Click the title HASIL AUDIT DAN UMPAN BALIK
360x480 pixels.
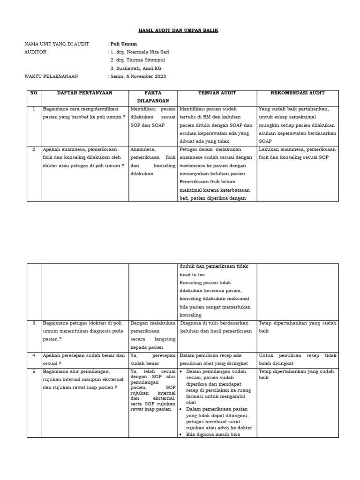point(179,30)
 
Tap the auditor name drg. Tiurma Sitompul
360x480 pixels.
point(137,60)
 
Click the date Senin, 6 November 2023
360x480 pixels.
point(138,76)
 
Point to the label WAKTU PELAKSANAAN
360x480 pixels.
point(51,76)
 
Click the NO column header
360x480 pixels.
point(33,93)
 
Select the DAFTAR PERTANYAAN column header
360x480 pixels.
point(85,93)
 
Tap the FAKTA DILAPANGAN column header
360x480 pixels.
point(153,97)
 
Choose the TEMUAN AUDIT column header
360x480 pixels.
point(217,93)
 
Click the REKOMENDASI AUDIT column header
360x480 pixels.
point(298,93)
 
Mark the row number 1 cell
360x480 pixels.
point(34,109)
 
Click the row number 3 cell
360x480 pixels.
point(34,323)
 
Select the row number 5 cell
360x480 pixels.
point(34,372)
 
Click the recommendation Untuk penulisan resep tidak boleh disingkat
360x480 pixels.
point(297,359)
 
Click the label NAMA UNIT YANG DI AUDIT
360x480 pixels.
point(57,44)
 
